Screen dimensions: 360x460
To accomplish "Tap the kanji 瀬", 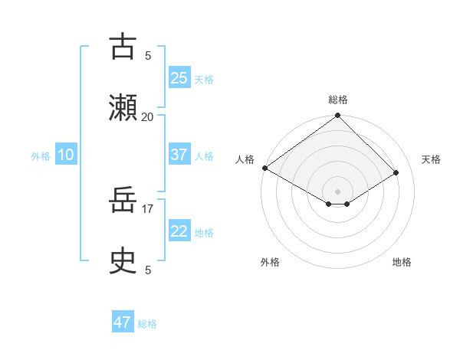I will pyautogui.click(x=123, y=106).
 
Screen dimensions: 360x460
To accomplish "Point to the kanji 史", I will pyautogui.click(x=123, y=262).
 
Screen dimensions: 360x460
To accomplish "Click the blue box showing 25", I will pyautogui.click(x=179, y=77).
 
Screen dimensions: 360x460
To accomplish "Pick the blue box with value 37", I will pyautogui.click(x=179, y=155).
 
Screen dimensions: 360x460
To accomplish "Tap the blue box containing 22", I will pyautogui.click(x=179, y=232).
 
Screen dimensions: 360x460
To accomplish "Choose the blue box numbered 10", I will pyautogui.click(x=66, y=155).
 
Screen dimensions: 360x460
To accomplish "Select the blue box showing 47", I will pyautogui.click(x=123, y=322).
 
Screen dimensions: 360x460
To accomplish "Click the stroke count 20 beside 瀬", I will pyautogui.click(x=147, y=116).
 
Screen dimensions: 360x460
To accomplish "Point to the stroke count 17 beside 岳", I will pyautogui.click(x=147, y=207).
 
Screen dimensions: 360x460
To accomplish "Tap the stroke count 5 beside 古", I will pyautogui.click(x=148, y=55).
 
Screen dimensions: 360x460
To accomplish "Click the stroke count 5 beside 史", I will pyautogui.click(x=148, y=270).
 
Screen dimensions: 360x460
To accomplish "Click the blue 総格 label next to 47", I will pyautogui.click(x=147, y=324).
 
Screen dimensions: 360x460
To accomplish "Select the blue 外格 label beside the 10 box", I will pyautogui.click(x=41, y=156).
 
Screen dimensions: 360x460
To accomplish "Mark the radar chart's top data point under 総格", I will pyautogui.click(x=337, y=116).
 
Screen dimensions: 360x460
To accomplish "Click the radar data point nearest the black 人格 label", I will pyautogui.click(x=264, y=168).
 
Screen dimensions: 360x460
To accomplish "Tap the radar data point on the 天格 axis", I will pyautogui.click(x=396, y=172).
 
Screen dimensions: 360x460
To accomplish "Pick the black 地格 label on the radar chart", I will pyautogui.click(x=402, y=262).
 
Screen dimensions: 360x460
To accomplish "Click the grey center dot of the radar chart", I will pyautogui.click(x=337, y=191).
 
